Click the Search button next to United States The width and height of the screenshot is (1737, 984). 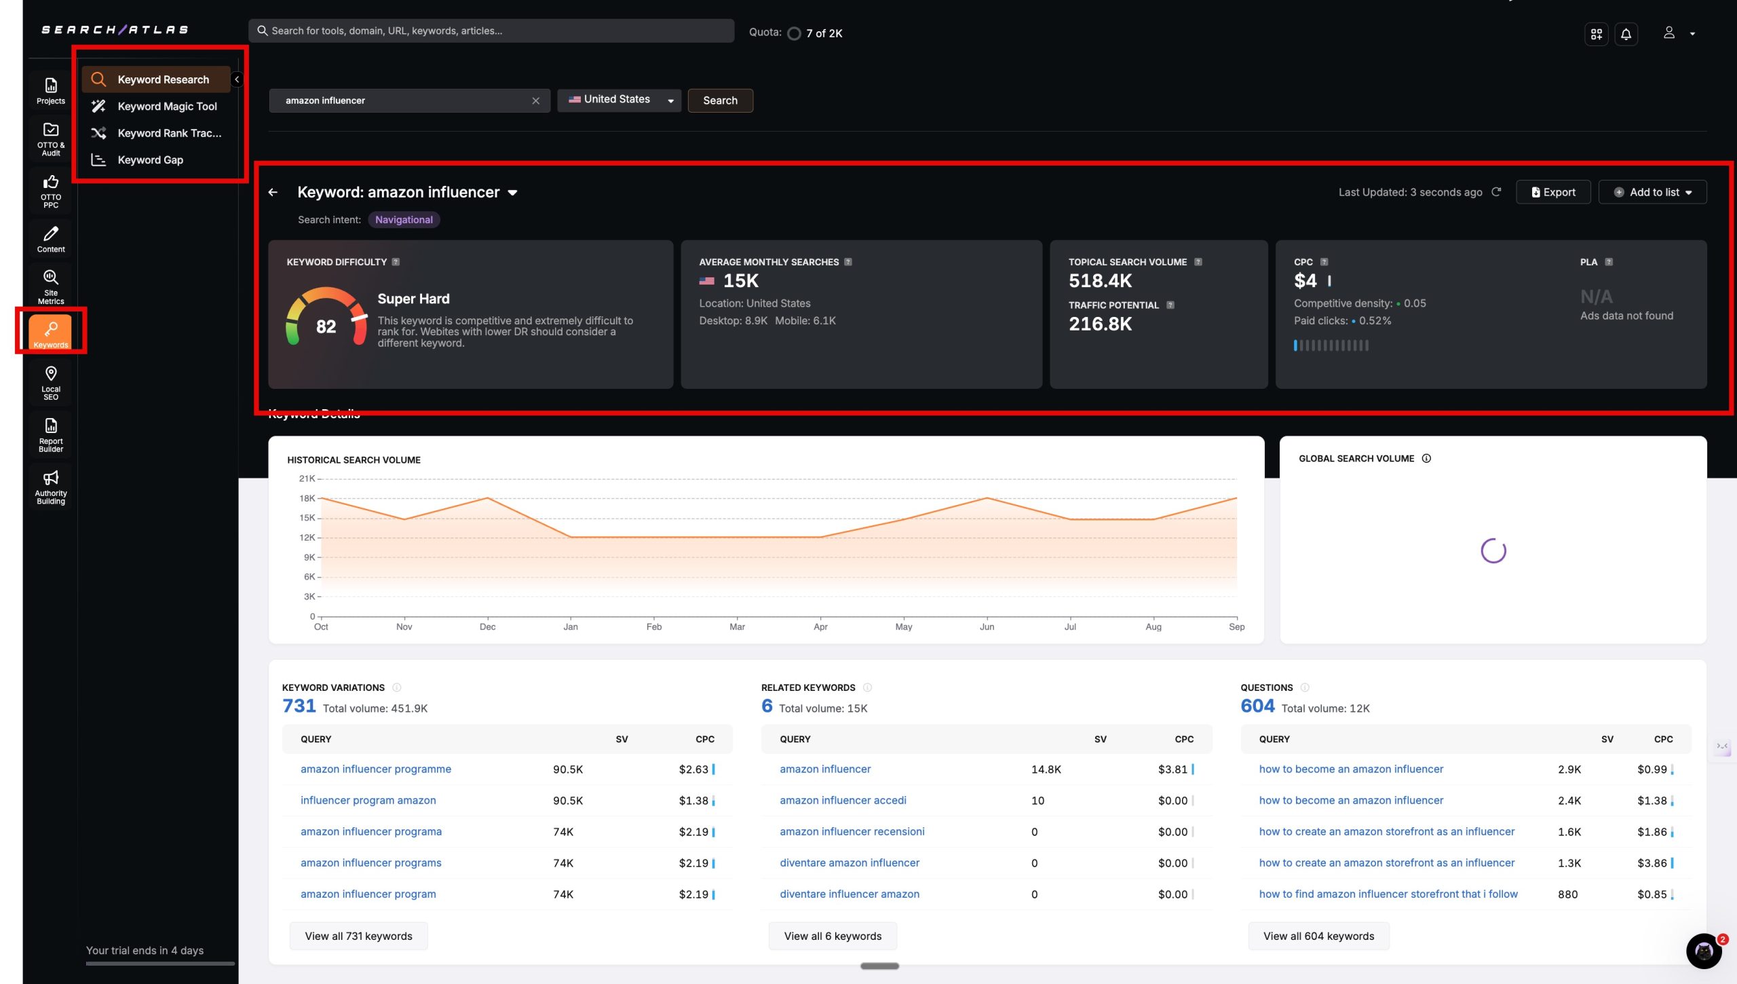point(720,100)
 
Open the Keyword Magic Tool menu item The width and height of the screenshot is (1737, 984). point(167,107)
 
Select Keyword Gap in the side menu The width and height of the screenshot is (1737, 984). point(150,160)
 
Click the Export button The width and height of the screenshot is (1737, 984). point(1553,192)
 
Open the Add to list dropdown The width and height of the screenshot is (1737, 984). point(1652,192)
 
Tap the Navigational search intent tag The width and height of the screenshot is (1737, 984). point(404,220)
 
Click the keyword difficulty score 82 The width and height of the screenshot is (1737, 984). point(326,326)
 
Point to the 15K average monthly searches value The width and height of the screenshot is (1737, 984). point(740,281)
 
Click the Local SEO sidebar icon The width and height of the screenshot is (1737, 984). point(51,382)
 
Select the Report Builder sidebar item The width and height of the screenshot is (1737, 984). point(51,434)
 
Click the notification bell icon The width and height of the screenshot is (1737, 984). point(1626,34)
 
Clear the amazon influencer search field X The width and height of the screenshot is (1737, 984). point(535,100)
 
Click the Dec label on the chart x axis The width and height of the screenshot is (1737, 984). point(487,627)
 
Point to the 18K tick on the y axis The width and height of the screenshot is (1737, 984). point(307,498)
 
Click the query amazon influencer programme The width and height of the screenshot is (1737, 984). point(375,769)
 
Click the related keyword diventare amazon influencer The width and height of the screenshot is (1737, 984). point(850,863)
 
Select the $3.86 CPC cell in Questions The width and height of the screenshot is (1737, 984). point(1652,863)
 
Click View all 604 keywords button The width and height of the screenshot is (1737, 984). point(1318,936)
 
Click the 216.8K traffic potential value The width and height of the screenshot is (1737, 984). point(1100,324)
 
